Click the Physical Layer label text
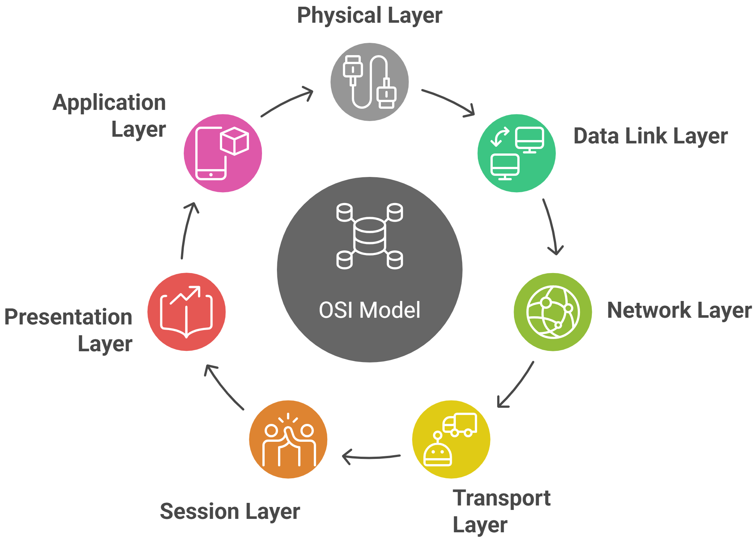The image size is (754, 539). pyautogui.click(x=369, y=16)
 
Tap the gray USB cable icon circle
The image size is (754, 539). pyautogui.click(x=370, y=82)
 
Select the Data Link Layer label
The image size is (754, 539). pyautogui.click(x=650, y=136)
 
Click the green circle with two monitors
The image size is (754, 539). pyautogui.click(x=517, y=153)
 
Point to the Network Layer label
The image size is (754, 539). pyautogui.click(x=679, y=310)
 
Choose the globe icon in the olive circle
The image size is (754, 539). pyautogui.click(x=553, y=312)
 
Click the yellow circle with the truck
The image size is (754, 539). pyautogui.click(x=451, y=439)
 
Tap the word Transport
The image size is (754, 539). pyautogui.click(x=502, y=498)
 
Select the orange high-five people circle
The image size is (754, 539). pyautogui.click(x=288, y=439)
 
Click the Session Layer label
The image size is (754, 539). pyautogui.click(x=230, y=511)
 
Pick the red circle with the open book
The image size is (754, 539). pyautogui.click(x=186, y=312)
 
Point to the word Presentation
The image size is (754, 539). pyautogui.click(x=69, y=317)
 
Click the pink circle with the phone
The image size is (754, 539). pyautogui.click(x=223, y=153)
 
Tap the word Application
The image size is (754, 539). pyautogui.click(x=109, y=102)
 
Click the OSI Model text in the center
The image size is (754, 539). pyautogui.click(x=369, y=310)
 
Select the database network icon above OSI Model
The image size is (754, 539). pyautogui.click(x=369, y=236)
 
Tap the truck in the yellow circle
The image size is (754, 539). pyautogui.click(x=460, y=425)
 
